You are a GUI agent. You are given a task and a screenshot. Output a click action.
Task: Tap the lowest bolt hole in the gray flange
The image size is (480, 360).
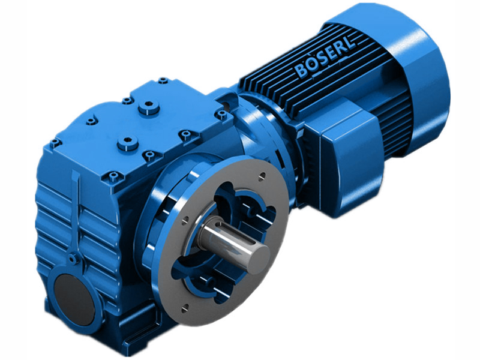click(184, 308)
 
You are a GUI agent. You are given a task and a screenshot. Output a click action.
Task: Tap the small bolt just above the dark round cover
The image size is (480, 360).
click(73, 259)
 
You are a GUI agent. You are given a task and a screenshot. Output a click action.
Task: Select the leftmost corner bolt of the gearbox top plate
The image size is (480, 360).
click(55, 143)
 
